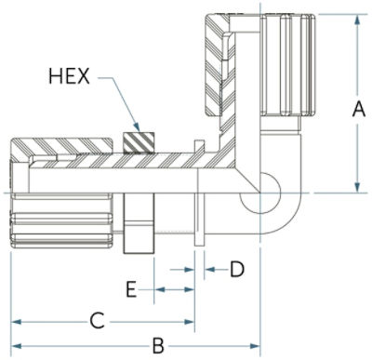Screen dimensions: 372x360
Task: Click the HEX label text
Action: point(69,76)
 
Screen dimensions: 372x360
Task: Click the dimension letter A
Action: point(359,110)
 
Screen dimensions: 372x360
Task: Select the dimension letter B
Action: point(158,346)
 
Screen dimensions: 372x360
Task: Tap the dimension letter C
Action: point(97,321)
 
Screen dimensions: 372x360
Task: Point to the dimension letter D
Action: point(237,269)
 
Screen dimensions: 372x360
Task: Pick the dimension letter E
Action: point(131,289)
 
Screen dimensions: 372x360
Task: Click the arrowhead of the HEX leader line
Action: point(136,127)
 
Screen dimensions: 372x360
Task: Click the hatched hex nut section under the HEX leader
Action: point(139,142)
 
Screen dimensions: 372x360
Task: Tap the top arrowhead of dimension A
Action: point(357,20)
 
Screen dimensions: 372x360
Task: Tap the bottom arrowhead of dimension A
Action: point(357,187)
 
